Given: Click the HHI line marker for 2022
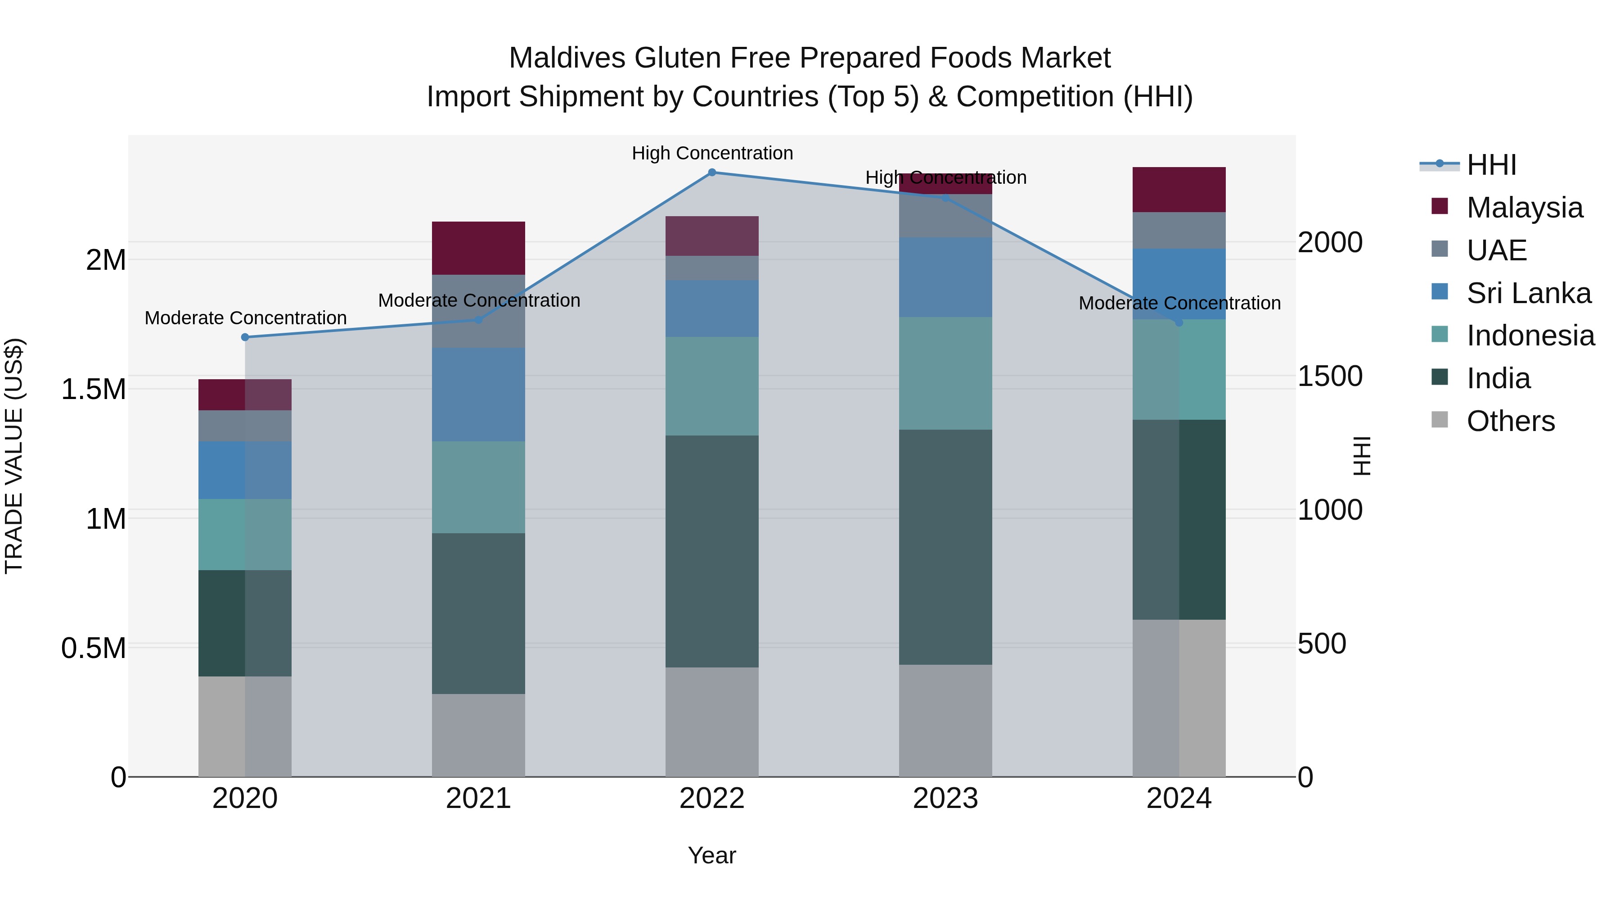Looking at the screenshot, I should (x=712, y=172).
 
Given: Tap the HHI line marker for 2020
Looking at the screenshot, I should (x=245, y=337).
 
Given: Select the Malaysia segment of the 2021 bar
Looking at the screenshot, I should (x=479, y=248).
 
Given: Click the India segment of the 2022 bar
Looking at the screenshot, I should (x=712, y=551).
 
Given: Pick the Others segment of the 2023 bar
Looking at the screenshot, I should (x=945, y=721).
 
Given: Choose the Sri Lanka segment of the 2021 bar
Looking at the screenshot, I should (x=479, y=395).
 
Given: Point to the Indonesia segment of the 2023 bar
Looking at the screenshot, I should (x=945, y=373).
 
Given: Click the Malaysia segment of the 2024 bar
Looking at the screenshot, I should (x=1179, y=190).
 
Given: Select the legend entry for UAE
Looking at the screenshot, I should (x=1496, y=250).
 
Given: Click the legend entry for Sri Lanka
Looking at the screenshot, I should (x=1528, y=293).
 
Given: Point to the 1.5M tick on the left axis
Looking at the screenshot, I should (x=93, y=390).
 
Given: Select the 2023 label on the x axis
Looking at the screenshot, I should (x=945, y=799).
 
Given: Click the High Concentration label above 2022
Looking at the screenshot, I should (x=712, y=153).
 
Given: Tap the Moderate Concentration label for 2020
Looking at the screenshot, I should (x=245, y=318).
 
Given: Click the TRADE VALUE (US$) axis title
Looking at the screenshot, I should (x=14, y=456).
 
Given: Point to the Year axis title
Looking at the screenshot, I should (x=712, y=855).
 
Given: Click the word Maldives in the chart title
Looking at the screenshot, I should (x=567, y=58).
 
